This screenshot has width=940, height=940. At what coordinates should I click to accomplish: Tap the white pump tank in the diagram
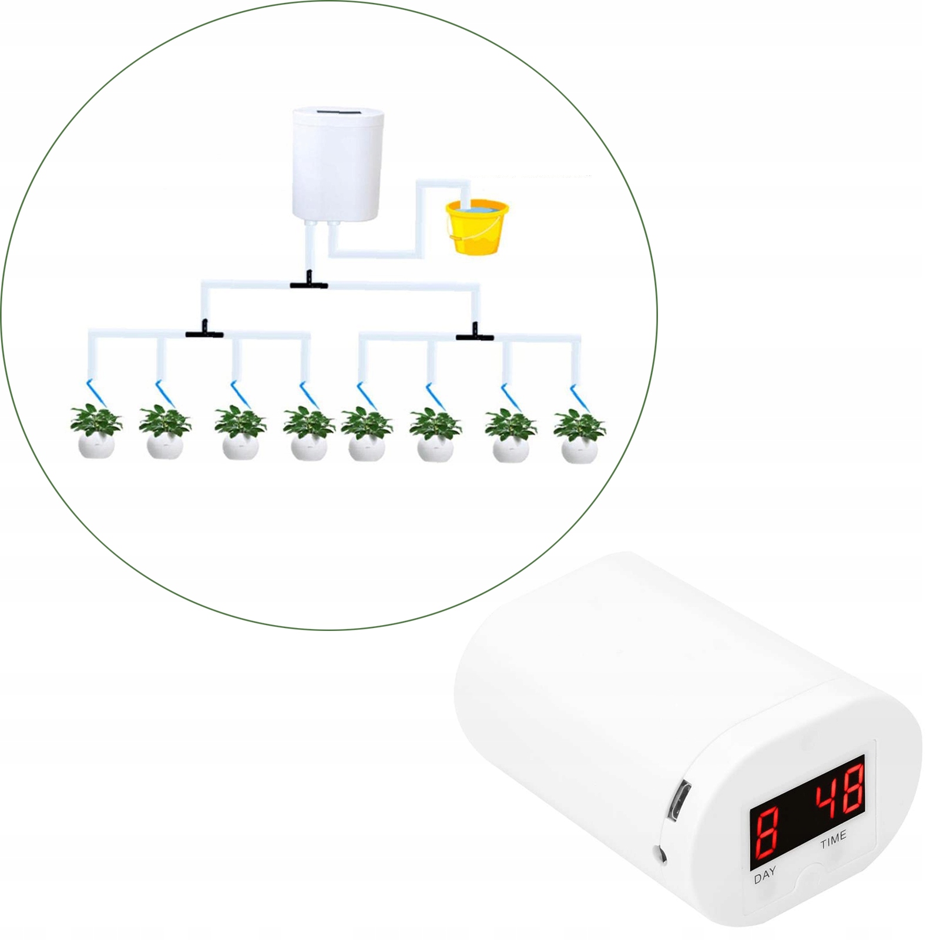pyautogui.click(x=339, y=164)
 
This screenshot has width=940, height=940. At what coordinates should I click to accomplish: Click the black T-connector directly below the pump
pyautogui.click(x=309, y=285)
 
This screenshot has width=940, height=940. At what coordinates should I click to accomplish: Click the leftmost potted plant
pyautogui.click(x=96, y=432)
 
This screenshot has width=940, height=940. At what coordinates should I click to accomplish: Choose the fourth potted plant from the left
pyautogui.click(x=308, y=434)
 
